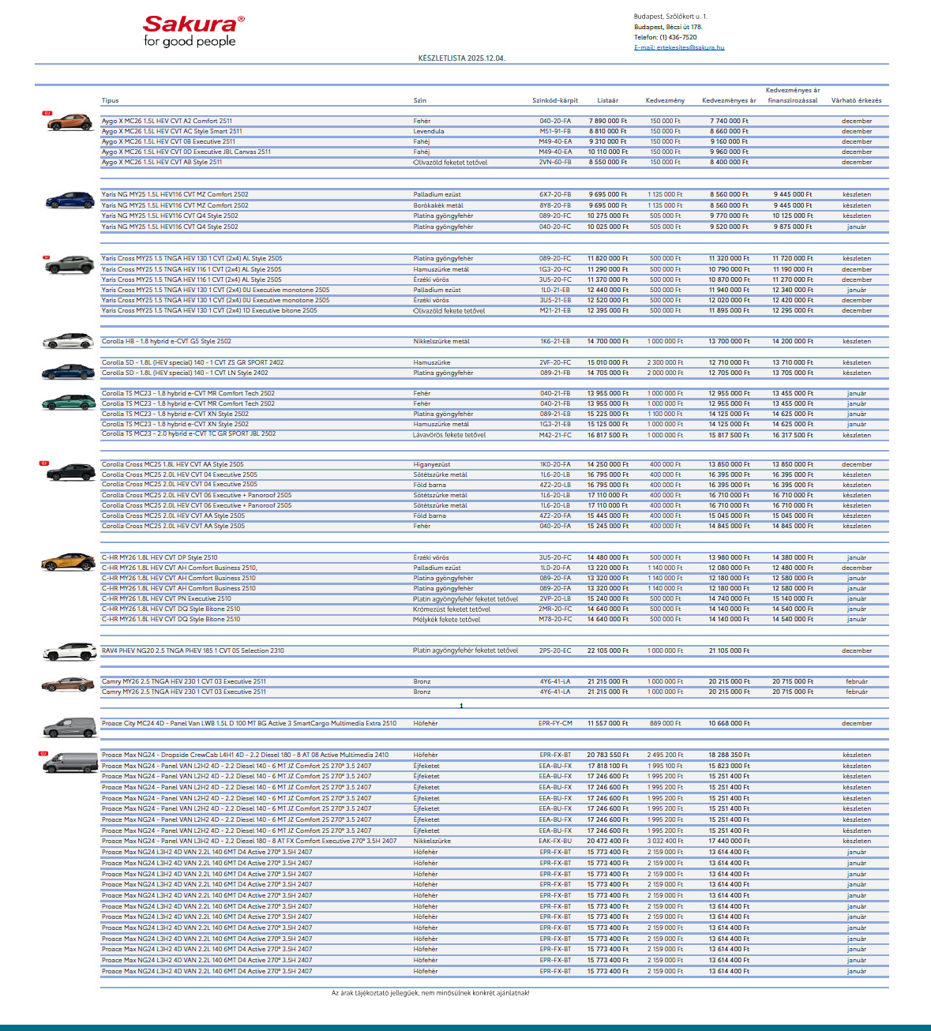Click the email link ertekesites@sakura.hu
point(679,47)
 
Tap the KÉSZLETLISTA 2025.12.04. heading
point(462,58)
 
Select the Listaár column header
point(608,101)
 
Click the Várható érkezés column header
point(856,101)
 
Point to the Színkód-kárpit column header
point(555,101)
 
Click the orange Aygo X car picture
point(69,122)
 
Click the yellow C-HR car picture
point(69,562)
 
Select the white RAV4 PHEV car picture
point(69,652)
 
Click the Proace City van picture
point(69,727)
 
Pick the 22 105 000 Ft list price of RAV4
point(608,651)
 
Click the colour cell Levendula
point(429,132)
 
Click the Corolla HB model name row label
point(167,342)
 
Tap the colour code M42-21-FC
point(555,435)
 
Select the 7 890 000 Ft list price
point(608,122)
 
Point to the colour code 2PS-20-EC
point(555,651)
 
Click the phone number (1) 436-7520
point(678,37)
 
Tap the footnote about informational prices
point(430,993)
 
